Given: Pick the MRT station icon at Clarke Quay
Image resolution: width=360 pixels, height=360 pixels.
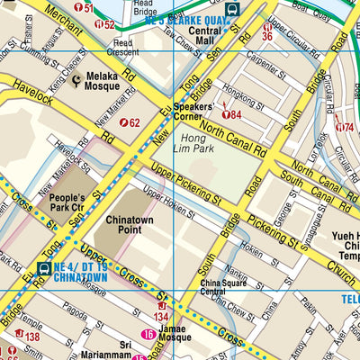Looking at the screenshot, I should point(232,10).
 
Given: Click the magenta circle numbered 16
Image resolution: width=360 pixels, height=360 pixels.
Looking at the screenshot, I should point(148,337).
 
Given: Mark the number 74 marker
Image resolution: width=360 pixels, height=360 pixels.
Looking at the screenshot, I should point(344,127).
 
